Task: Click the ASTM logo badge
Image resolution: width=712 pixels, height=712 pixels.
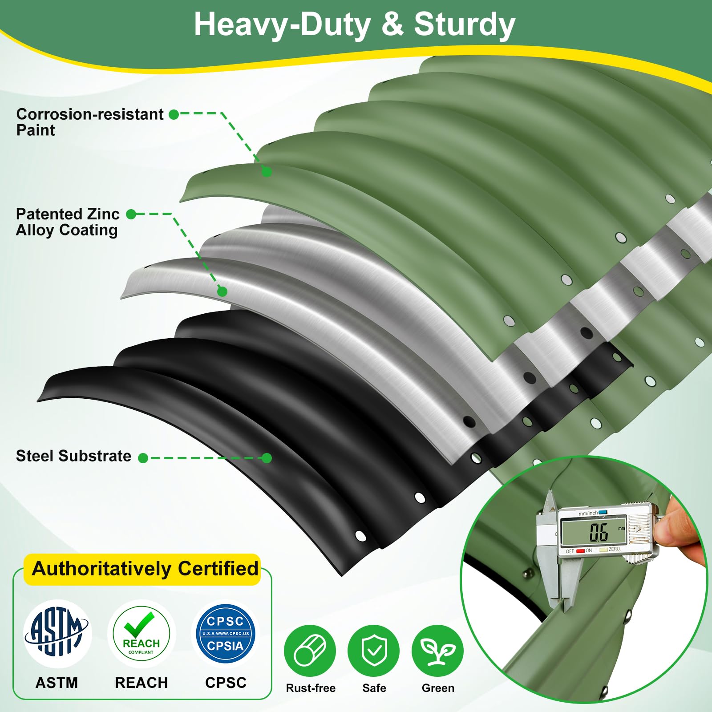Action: click(57, 633)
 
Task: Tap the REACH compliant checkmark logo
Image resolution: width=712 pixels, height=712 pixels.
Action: click(142, 633)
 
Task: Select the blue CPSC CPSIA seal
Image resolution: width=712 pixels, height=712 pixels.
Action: click(225, 633)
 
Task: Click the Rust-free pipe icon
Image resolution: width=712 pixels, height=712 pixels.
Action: click(310, 651)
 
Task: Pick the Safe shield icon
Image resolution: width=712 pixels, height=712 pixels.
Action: click(374, 651)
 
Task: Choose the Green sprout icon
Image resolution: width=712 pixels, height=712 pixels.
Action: click(438, 651)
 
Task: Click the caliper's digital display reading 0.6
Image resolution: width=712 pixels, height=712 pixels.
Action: click(594, 531)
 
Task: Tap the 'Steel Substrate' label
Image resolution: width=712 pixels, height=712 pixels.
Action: click(73, 456)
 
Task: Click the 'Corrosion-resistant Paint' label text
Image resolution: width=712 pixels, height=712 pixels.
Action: click(90, 122)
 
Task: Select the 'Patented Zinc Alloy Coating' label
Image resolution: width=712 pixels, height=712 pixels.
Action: click(68, 222)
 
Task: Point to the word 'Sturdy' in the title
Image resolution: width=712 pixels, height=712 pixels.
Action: click(465, 25)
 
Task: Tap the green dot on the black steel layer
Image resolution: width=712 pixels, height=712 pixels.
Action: click(267, 458)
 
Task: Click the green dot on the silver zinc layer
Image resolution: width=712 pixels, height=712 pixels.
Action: click(222, 291)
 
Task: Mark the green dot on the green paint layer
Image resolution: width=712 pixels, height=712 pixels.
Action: click(267, 171)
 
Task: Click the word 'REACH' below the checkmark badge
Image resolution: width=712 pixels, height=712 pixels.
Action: click(142, 683)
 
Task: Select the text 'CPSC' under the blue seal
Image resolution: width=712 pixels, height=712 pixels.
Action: click(226, 683)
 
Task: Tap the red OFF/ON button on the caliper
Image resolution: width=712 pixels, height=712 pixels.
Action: click(580, 551)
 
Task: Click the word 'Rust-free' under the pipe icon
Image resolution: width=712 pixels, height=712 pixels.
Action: click(311, 688)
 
